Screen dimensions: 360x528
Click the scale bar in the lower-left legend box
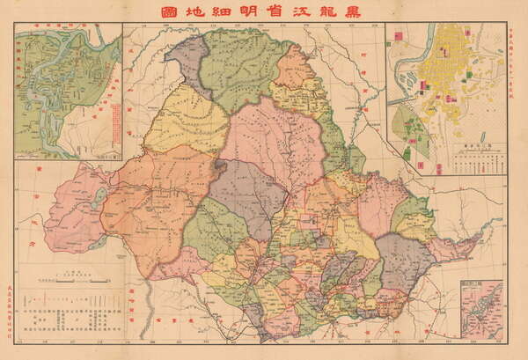click(x=70, y=283)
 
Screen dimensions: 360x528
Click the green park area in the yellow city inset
click(x=407, y=132)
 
